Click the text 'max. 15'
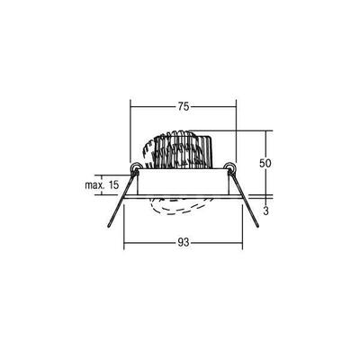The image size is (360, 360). tap(102, 184)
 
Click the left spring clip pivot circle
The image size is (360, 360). tap(135, 168)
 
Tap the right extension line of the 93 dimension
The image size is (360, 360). tap(240, 229)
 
